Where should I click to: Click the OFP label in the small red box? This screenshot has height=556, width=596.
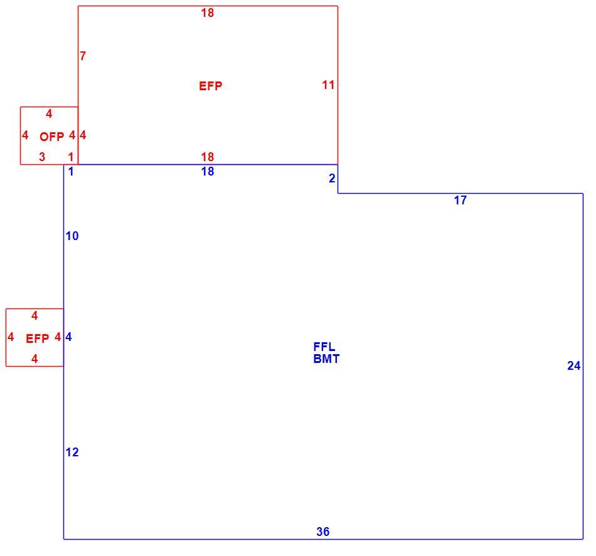51,137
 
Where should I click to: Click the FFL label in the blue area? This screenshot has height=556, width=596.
324,347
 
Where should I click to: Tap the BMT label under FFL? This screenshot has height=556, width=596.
326,359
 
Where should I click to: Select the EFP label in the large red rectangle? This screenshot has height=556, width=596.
211,87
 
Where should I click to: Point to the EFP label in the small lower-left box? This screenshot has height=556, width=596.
37,338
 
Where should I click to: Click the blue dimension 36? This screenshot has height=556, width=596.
322,532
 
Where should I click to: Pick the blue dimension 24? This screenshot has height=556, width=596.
573,365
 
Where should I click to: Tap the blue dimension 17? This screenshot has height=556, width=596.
460,200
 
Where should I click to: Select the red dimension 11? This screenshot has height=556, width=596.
328,85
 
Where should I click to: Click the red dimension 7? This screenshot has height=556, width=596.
83,56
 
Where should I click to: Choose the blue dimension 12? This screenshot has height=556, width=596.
72,453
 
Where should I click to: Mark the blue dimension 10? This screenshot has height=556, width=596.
72,236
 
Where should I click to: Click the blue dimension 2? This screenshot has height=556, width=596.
332,179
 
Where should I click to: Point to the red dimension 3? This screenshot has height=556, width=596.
42,157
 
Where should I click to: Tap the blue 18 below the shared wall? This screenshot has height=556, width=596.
208,172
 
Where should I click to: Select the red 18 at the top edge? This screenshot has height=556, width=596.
208,13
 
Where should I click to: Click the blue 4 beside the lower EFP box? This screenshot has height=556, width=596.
68,337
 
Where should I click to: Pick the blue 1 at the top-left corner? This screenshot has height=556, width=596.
71,172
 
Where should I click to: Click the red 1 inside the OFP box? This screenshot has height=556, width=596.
71,157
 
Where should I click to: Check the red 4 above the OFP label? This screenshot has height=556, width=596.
49,113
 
